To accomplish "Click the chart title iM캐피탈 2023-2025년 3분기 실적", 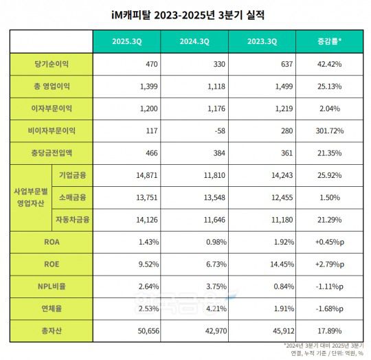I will point(186,14).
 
